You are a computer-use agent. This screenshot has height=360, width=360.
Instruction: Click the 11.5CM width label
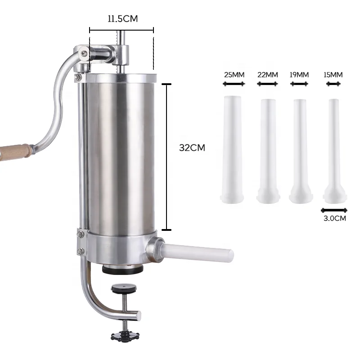pos(122,18)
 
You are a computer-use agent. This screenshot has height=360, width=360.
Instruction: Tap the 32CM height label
pos(192,147)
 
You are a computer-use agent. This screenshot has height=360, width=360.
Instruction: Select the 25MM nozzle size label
pos(234,74)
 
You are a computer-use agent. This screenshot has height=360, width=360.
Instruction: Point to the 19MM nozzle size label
pos(299,74)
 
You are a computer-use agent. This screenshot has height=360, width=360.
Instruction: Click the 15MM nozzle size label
pos(333,74)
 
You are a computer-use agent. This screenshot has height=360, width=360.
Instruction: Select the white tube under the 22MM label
pos(267,148)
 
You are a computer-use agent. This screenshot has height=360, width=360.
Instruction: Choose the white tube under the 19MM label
pos(300,148)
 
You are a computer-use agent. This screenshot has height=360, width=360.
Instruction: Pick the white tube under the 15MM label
pos(333,148)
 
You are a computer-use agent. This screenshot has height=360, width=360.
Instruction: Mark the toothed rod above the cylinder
pos(120,49)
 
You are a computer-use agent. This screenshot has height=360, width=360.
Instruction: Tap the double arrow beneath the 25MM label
pos(234,84)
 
